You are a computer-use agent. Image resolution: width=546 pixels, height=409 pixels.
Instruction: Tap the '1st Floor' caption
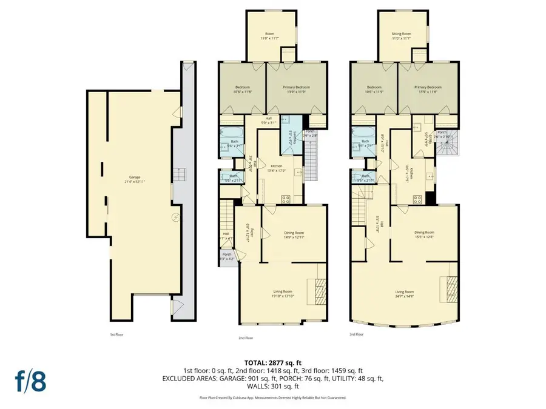[x=117, y=334]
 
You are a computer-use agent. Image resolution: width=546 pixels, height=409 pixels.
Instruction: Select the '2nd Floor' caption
[x=246, y=338]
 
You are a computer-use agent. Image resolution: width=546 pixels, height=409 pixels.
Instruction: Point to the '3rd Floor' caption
[x=357, y=334]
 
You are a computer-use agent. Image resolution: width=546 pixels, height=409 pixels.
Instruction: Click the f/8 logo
[x=30, y=383]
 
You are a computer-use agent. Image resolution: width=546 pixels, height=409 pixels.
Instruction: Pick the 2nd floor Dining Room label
[x=294, y=234]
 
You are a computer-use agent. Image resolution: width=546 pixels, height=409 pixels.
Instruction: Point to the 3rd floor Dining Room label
[x=424, y=234]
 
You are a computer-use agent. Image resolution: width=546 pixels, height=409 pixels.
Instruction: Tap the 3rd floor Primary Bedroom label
[x=428, y=88]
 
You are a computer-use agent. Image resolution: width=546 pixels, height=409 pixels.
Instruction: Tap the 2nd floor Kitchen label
[x=277, y=168]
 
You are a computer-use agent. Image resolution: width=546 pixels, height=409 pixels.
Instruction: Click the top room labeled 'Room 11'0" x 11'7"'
[x=271, y=36]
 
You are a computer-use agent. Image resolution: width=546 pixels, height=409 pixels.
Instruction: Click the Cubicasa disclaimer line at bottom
[x=272, y=397]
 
